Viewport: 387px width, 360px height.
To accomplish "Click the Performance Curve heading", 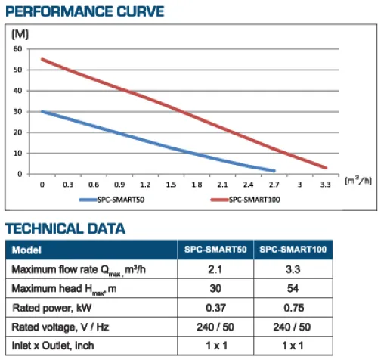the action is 85,11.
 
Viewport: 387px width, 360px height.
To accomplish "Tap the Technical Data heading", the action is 65,228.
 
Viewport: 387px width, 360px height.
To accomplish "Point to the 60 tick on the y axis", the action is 17,49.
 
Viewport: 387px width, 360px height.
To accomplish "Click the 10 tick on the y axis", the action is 17,154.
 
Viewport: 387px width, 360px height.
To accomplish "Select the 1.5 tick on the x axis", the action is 171,185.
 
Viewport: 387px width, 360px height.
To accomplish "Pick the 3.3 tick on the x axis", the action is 325,185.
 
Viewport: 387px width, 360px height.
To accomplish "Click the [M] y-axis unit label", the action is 20,34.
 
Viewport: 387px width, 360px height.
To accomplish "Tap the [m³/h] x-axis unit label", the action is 358,181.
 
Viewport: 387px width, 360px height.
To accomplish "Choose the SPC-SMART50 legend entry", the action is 112,200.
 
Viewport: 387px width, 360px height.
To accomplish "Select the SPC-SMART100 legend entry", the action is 246,200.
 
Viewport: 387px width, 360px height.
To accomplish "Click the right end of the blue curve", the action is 274,171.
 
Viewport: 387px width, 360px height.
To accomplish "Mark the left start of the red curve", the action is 42,60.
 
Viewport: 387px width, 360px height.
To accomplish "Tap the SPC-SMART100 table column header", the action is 293,250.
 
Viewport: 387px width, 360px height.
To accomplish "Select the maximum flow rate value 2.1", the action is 215,269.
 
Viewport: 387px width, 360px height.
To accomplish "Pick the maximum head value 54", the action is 293,288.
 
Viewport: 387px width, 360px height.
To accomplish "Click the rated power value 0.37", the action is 215,308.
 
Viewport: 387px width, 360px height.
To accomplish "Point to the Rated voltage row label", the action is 60,327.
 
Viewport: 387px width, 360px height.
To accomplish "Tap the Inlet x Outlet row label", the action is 53,346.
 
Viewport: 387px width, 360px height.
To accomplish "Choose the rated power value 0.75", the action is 293,308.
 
